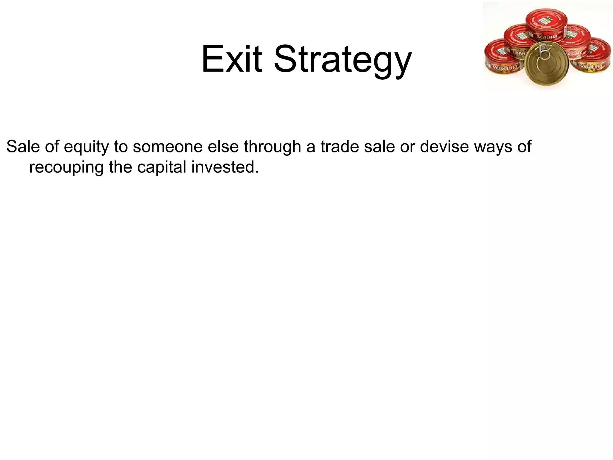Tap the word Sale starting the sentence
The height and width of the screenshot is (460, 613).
23,147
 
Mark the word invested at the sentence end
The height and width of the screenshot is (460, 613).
224,167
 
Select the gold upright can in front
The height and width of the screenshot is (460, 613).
546,64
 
